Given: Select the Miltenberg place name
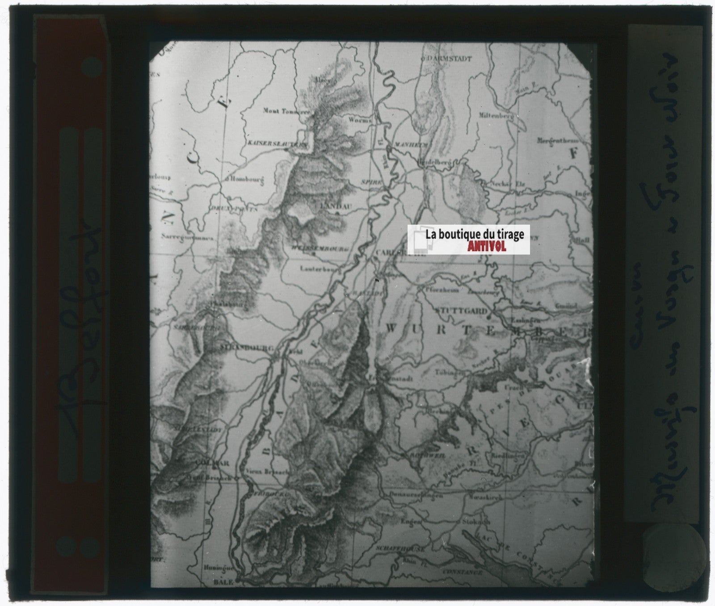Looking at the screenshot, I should (495, 115).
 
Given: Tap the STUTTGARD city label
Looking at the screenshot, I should (460, 311).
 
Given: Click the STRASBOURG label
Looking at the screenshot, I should (241, 347).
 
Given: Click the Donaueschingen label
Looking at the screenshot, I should (416, 495).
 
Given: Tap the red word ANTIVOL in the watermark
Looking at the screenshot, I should (487, 246).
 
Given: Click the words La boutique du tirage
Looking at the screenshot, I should (475, 234).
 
